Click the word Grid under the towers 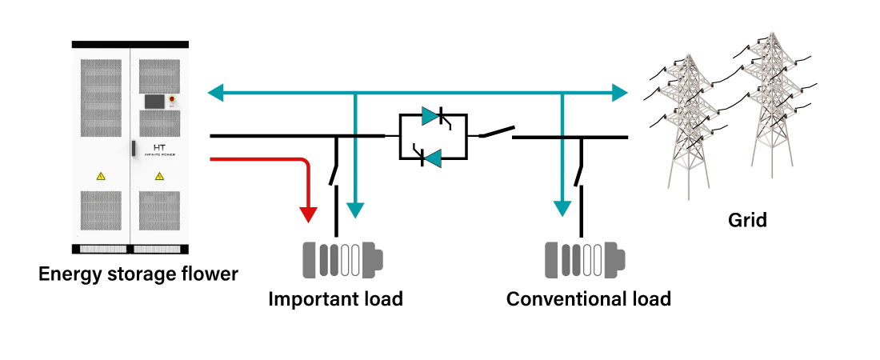[x=747, y=219]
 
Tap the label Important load [x=336, y=298]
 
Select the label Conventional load [x=589, y=298]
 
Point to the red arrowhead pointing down [x=308, y=214]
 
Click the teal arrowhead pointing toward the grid [x=619, y=92]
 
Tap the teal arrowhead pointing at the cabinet [x=216, y=92]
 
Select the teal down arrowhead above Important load [x=354, y=210]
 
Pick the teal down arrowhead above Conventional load [x=562, y=208]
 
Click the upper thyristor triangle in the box [x=431, y=116]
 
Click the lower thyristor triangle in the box [x=434, y=159]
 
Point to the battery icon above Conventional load [x=586, y=259]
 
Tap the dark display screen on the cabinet [x=155, y=101]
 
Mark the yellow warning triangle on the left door [x=101, y=176]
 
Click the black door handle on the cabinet [x=134, y=148]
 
